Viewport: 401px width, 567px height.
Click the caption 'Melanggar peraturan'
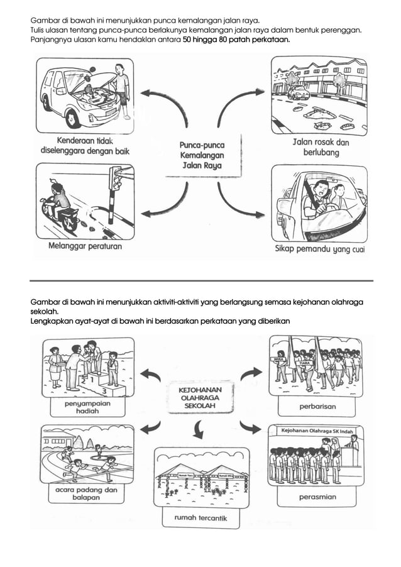[85, 246]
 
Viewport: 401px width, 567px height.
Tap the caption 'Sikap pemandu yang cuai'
[320, 249]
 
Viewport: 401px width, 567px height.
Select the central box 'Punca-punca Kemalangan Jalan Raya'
[202, 155]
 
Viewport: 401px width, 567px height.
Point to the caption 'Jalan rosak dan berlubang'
[321, 147]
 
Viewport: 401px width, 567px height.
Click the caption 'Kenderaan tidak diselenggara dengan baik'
[84, 146]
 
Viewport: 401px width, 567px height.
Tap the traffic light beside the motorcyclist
[115, 179]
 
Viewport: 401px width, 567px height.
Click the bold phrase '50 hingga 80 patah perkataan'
[236, 40]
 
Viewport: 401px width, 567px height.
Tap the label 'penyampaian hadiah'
[87, 407]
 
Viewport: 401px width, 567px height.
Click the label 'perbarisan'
[317, 407]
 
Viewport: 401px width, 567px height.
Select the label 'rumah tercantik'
[196, 519]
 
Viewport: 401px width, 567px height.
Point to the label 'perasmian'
[317, 497]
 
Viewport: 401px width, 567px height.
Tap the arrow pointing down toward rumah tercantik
[199, 431]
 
